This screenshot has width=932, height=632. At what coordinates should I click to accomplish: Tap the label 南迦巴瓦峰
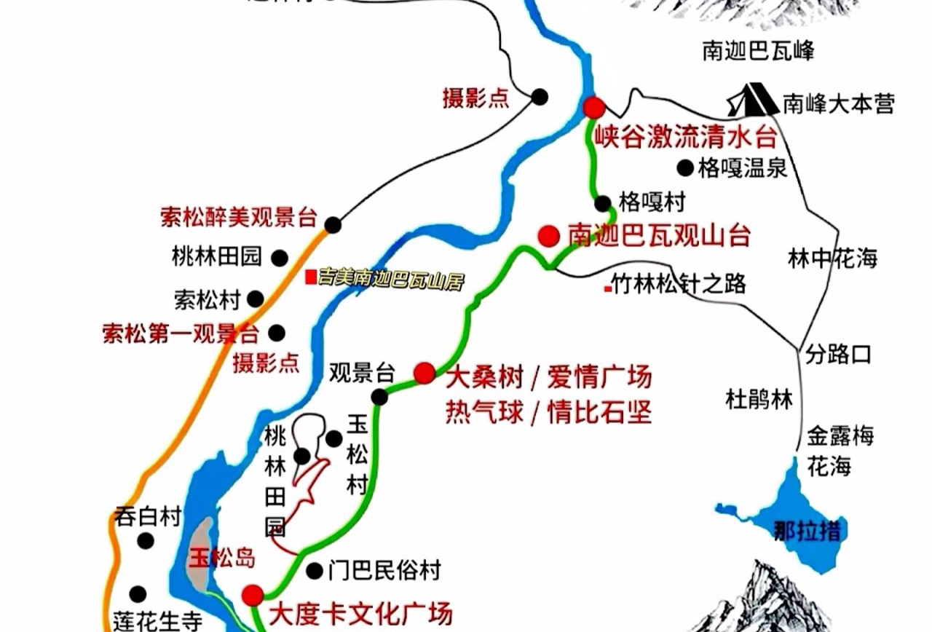[x=758, y=51]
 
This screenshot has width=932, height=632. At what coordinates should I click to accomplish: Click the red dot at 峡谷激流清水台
[x=594, y=108]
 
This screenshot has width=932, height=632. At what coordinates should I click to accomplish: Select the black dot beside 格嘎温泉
[x=684, y=168]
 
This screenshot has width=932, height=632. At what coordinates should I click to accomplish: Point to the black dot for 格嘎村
[x=603, y=203]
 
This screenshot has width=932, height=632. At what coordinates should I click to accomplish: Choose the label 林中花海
[x=833, y=258]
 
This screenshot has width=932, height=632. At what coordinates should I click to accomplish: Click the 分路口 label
[x=838, y=355]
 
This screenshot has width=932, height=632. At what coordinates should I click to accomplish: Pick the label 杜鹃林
[x=759, y=399]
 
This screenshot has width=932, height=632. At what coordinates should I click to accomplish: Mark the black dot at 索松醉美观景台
[x=333, y=225]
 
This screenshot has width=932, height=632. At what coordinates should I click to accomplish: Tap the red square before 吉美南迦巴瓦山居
[x=311, y=277]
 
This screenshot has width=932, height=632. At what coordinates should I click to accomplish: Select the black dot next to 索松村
[x=255, y=299]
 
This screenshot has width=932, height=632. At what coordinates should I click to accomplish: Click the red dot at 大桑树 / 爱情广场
[x=424, y=373]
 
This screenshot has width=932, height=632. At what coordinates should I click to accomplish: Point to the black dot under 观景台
[x=379, y=397]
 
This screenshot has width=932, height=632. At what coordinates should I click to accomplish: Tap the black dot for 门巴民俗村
[x=314, y=571]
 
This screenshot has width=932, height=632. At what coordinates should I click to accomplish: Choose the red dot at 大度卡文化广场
[x=253, y=596]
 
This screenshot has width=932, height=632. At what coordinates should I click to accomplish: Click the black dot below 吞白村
[x=146, y=541]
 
